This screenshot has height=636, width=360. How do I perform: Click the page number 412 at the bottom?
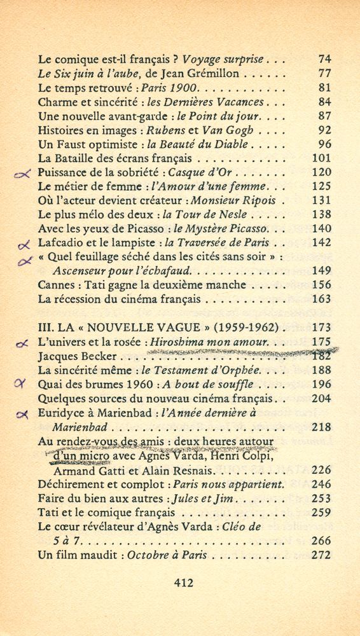tap(183, 581)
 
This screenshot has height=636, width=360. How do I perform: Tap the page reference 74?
tap(324, 59)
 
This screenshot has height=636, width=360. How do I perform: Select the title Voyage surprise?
tap(223, 59)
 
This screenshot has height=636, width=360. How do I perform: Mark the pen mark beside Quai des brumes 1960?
tap(25, 384)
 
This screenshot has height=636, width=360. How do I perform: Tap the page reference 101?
tap(322, 158)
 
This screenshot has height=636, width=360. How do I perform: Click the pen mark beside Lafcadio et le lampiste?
tap(25, 244)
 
